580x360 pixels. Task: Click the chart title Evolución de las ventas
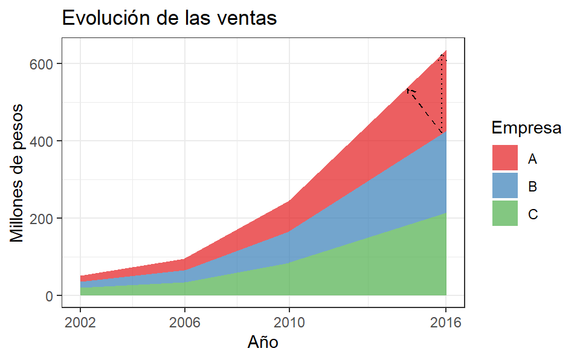pos(169,18)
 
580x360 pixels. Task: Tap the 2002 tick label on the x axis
pos(80,322)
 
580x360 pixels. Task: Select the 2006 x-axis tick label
pos(185,322)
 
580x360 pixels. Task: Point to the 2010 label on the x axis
pos(289,322)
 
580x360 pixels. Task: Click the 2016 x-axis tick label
pos(446,322)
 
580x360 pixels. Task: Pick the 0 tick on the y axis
pos(51,296)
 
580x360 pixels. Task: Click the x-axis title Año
pos(263,342)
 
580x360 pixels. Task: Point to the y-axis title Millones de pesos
pos(18,173)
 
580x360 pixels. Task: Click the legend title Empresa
pos(526,128)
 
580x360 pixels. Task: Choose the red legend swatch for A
pos(505,158)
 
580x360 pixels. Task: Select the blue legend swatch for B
pos(505,185)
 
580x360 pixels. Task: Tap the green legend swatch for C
pos(505,213)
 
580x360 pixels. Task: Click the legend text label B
pos(532,187)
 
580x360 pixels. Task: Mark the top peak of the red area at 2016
pos(445,51)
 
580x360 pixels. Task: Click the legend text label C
pos(532,214)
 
